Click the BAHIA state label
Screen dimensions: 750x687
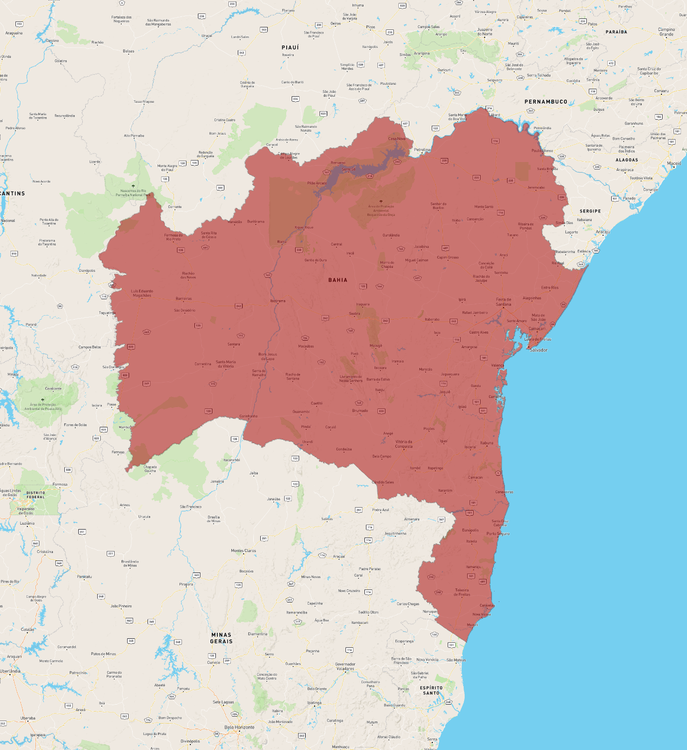coord(338,280)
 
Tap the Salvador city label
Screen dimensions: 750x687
coord(538,350)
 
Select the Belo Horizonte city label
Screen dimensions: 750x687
coord(239,727)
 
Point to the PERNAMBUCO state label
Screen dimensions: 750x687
coord(546,102)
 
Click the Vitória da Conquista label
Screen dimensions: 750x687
coord(404,444)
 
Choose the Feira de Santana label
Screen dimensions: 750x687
coord(504,302)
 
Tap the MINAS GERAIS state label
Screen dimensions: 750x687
coord(221,638)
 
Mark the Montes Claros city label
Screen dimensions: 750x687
coord(243,551)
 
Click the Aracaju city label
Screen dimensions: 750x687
coord(603,232)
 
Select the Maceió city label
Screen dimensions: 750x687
coord(674,164)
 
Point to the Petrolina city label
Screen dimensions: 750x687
coord(422,150)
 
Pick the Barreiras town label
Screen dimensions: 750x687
coord(184,299)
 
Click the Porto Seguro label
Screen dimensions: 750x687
coord(498,534)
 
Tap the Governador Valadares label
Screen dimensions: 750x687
coord(345,666)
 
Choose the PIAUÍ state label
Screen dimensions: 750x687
coord(290,47)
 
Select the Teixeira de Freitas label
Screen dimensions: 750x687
coord(462,592)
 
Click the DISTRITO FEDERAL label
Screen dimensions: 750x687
coord(35,495)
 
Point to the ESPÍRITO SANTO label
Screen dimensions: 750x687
coord(431,690)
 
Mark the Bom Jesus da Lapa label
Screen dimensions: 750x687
coord(268,356)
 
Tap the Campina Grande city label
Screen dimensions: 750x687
coord(667,32)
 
